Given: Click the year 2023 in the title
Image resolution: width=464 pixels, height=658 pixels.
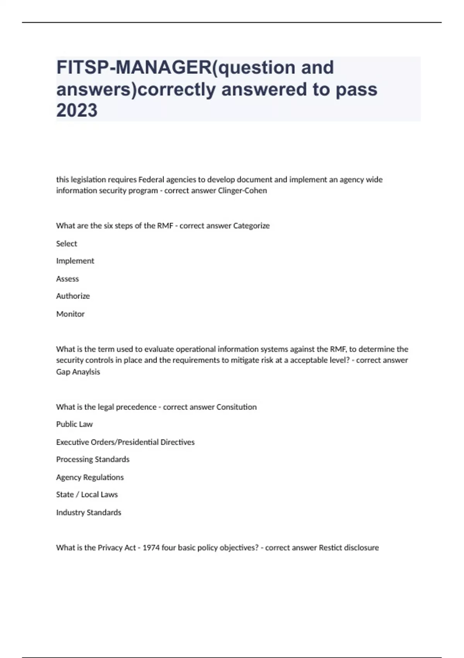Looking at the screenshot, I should coord(77,110).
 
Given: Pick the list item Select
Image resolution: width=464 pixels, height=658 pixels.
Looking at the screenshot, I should coord(67,243).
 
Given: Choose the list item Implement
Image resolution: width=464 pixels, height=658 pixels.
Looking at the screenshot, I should coord(75,261).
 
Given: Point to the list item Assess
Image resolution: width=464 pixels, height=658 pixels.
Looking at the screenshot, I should coord(67,279).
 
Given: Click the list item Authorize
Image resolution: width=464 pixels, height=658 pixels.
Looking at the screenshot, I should coord(73,296).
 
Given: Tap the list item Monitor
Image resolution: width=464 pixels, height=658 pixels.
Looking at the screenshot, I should coord(70,314).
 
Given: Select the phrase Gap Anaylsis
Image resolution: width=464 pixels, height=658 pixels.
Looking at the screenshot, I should coord(78,372).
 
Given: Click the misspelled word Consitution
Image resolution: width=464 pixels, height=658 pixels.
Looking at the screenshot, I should coord(236,407).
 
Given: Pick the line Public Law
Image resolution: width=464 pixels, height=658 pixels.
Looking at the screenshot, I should coord(74,424).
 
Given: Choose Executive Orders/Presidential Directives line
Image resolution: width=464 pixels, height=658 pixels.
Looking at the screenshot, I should coord(125,442).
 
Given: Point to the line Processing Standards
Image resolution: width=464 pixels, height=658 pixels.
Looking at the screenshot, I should coord(93,459).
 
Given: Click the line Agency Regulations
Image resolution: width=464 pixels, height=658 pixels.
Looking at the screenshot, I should coord(90,477).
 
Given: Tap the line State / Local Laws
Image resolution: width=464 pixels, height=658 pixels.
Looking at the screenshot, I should coord(87,495).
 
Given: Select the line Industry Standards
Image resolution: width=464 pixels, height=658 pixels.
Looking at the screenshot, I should coord(89,512).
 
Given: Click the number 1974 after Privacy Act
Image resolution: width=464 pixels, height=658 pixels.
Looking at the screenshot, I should coord(151,548).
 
